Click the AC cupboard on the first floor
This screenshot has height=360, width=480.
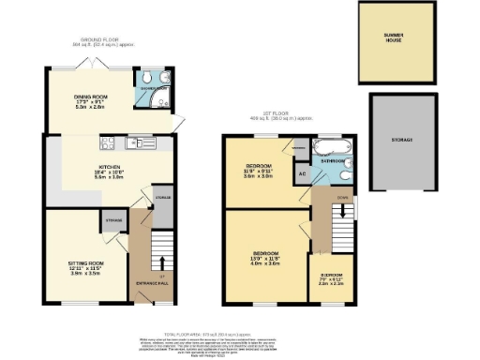[302, 173]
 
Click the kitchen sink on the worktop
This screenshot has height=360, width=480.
[145, 143]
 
